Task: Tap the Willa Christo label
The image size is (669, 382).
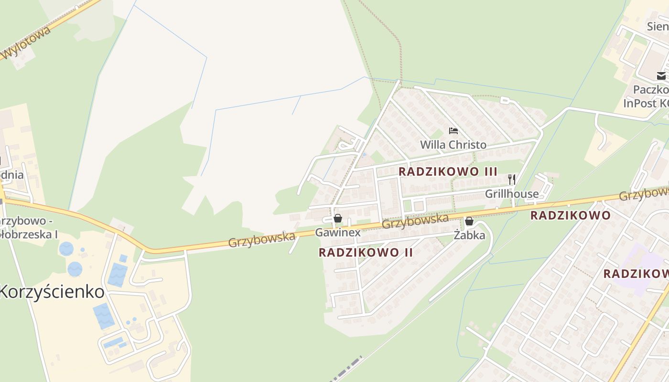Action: pos(453,145)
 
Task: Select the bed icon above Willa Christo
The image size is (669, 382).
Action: pos(453,130)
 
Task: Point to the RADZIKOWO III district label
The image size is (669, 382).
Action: pos(448,171)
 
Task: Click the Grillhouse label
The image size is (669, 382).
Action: pos(511,194)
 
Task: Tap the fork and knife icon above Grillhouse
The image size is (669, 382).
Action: pos(511,180)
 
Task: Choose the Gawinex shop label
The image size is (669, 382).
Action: pos(337,233)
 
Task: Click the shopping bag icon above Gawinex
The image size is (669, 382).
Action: pos(338,219)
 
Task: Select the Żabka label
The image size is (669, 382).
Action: pos(469,235)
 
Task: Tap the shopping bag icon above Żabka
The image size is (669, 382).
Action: pos(469,221)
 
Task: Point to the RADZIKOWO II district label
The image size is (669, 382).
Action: pos(366,253)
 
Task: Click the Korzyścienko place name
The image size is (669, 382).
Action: pos(52,291)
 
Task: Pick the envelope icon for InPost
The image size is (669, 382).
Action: pos(661,76)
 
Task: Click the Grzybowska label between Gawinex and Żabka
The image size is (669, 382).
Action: pos(415,221)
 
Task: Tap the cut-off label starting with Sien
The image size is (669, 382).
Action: pos(658,26)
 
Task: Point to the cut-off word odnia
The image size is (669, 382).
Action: pos(11,175)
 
